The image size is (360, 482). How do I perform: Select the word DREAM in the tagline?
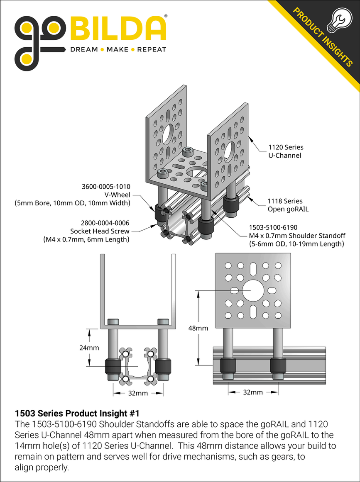(x=83, y=49)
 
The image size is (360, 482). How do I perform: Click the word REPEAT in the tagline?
(x=152, y=49)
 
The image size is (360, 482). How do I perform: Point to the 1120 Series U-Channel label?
(x=286, y=151)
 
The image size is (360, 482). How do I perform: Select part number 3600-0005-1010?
(x=106, y=187)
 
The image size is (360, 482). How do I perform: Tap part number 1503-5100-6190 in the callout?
(x=273, y=228)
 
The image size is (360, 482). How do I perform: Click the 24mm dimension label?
(x=89, y=348)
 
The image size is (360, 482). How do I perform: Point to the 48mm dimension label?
(x=198, y=328)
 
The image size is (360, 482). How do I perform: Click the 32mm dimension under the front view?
(x=138, y=393)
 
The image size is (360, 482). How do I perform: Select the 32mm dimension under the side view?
(x=253, y=392)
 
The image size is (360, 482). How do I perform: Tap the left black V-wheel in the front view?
(x=112, y=368)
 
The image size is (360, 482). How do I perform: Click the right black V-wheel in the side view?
(x=278, y=366)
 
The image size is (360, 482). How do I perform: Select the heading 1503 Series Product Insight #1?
(x=77, y=414)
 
